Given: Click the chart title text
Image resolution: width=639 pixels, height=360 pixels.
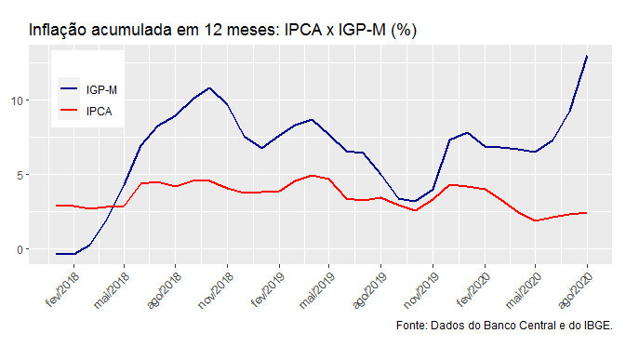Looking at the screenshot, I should click(x=222, y=30).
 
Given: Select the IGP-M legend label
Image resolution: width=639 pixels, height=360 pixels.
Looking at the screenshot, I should click(x=100, y=90).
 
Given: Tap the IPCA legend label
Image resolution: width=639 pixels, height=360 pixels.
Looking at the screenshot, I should click(x=99, y=111).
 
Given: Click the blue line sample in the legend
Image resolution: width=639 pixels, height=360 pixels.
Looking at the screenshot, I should click(x=71, y=90).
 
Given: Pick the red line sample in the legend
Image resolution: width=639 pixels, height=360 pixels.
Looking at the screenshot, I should click(x=71, y=111).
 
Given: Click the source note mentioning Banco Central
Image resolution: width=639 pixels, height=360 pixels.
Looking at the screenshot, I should click(x=503, y=326).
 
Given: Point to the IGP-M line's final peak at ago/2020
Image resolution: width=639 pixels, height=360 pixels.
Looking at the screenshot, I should click(x=587, y=56).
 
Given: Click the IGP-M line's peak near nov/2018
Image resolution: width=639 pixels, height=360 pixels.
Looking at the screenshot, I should click(x=210, y=88).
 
